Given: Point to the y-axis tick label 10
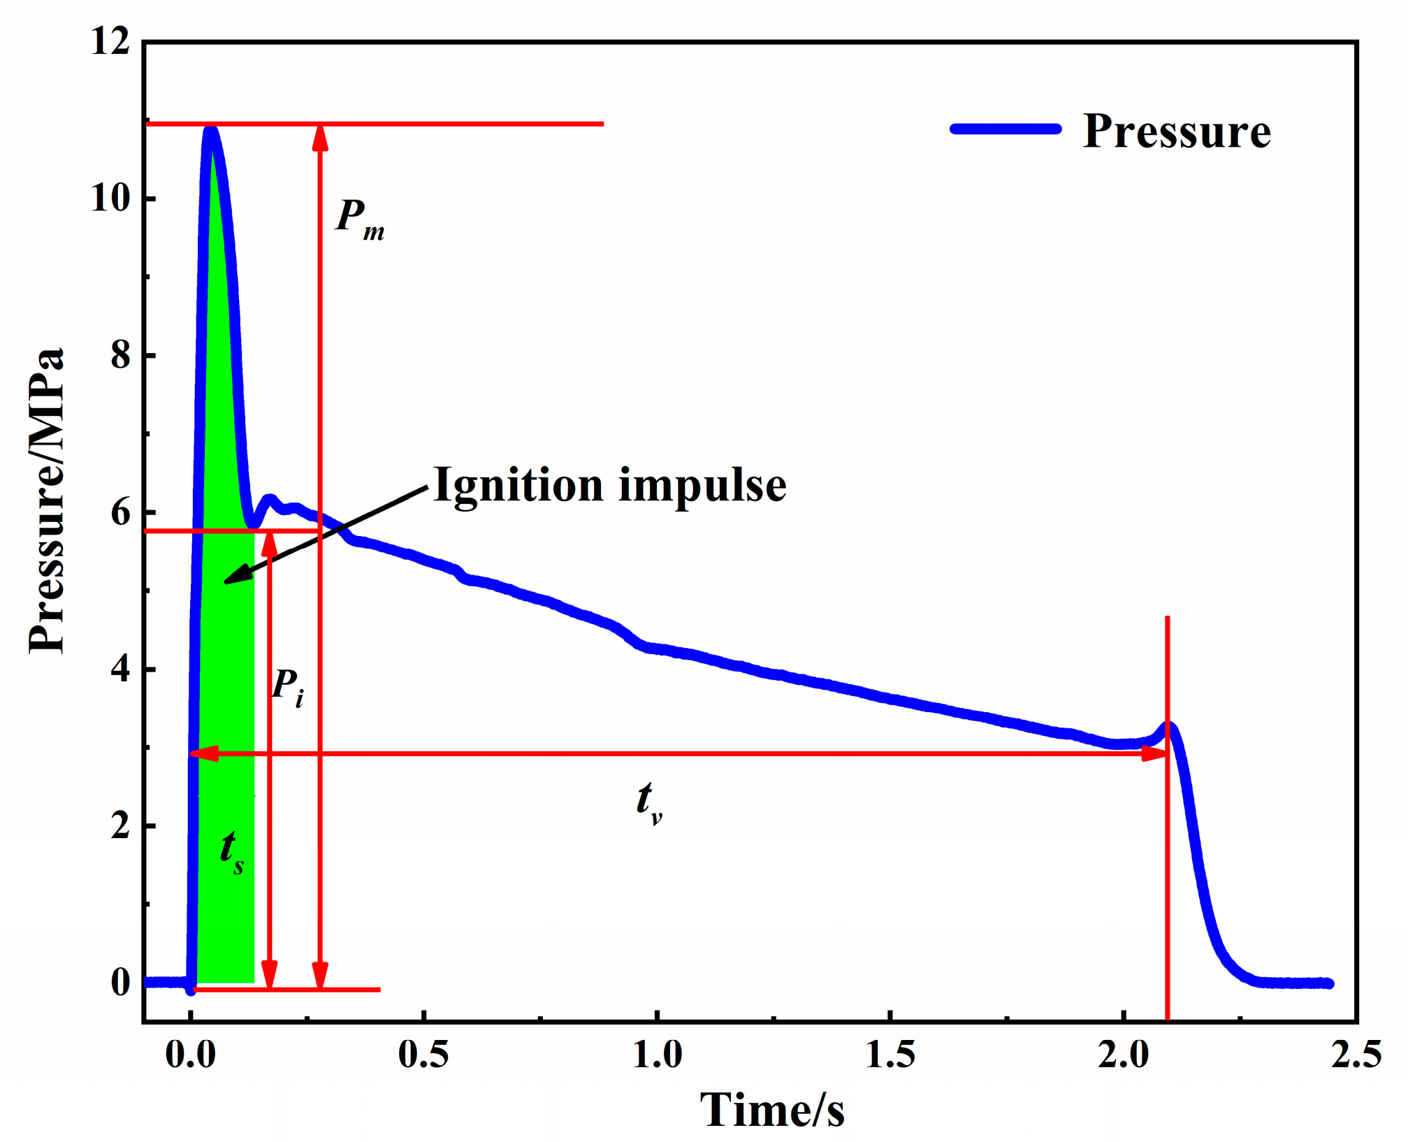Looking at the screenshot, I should coord(111,198).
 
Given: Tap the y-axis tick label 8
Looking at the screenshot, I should coord(120,355).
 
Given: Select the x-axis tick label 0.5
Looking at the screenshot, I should coord(423,1055).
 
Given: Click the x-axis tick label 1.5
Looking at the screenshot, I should coord(890,1055).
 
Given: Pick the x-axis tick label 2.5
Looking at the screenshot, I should coord(1356,1055).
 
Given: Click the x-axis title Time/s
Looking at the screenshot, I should coord(772,1109).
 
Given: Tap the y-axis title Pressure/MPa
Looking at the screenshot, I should coord(48,500).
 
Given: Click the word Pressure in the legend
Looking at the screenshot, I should coord(1176,131).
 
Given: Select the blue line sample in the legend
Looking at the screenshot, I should coord(1006,129).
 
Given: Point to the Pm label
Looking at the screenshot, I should coord(359,219).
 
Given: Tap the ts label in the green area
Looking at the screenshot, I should coord(231,851).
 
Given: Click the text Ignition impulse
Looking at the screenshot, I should coord(609,484).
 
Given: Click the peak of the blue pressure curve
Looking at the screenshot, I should coord(210,130).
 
